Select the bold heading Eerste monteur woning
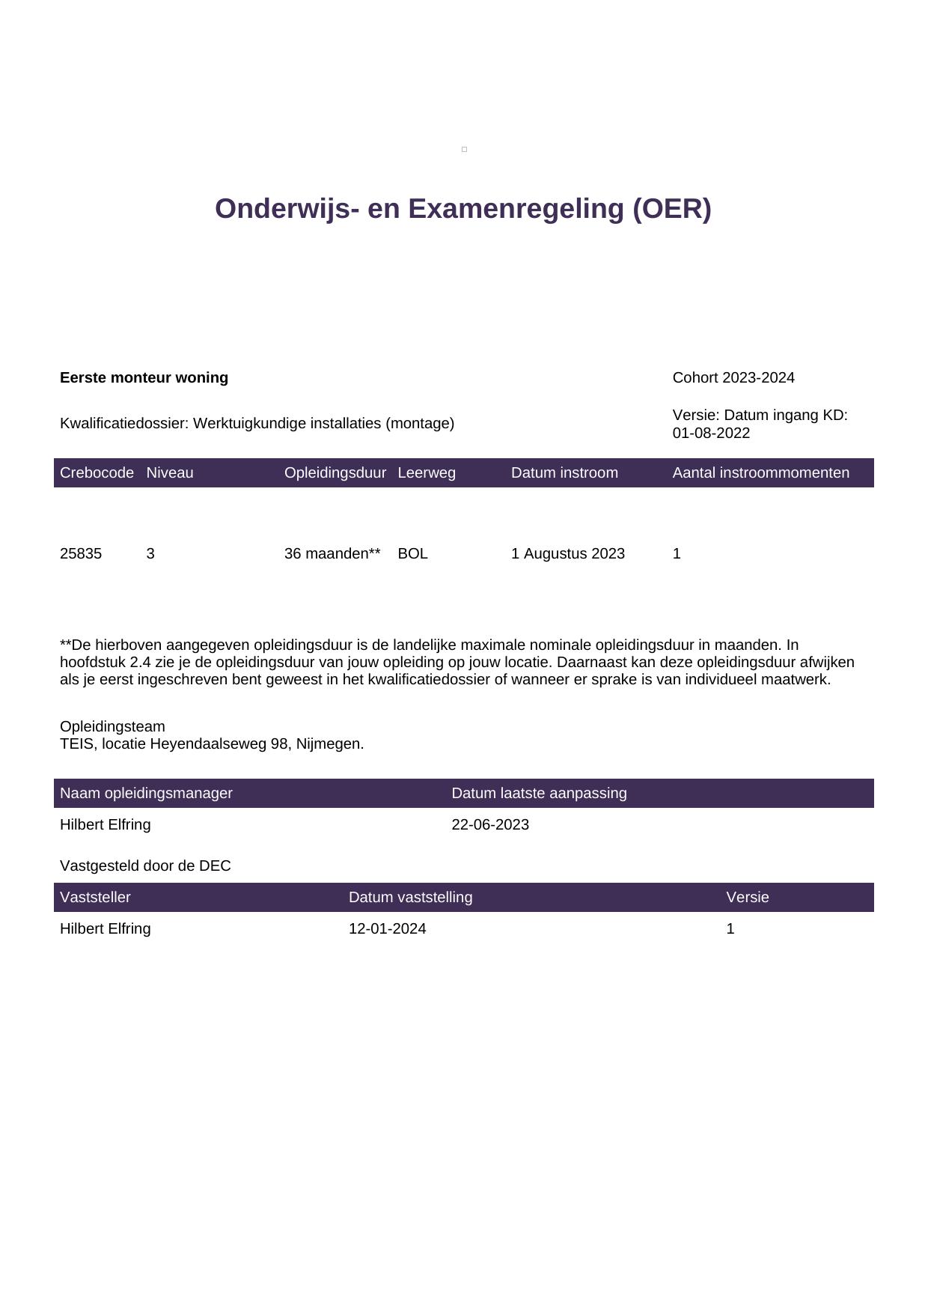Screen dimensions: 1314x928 click(x=144, y=377)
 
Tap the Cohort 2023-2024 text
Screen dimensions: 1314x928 click(x=733, y=377)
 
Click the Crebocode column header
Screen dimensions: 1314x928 click(x=97, y=472)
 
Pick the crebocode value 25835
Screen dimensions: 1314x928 click(x=81, y=553)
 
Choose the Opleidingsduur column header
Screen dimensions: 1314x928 click(x=335, y=472)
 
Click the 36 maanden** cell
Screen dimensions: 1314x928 click(x=332, y=553)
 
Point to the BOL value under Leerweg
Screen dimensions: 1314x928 click(x=412, y=553)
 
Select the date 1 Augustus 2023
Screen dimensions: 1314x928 click(x=568, y=553)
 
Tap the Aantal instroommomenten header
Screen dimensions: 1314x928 click(x=760, y=472)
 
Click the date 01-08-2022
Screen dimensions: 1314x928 click(x=711, y=433)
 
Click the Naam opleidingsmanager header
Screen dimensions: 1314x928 click(x=146, y=793)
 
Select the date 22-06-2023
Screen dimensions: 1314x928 click(x=490, y=824)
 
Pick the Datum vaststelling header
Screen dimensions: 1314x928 click(x=410, y=897)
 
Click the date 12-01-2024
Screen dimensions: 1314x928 click(x=387, y=928)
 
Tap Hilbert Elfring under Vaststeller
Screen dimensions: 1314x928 click(x=105, y=928)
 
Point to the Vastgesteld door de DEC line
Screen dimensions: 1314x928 click(x=145, y=866)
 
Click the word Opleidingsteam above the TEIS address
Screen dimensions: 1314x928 click(x=112, y=726)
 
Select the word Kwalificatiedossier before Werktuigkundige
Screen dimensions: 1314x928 click(x=123, y=423)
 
